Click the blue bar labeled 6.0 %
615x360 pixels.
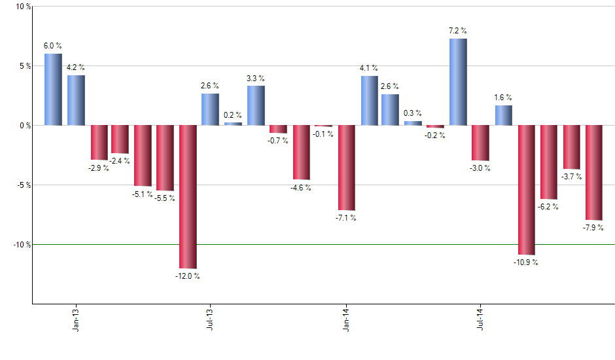[x=53, y=89]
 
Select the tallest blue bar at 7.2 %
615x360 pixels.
[x=458, y=82]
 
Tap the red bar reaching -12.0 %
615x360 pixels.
[x=188, y=196]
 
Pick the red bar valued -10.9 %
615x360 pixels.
[x=526, y=190]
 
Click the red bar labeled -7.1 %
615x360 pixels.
[x=346, y=168]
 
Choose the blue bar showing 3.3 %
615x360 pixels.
[x=256, y=105]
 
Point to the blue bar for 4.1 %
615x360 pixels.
[x=369, y=100]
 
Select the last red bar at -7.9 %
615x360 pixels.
[x=593, y=172]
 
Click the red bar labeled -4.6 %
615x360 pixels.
[x=301, y=152]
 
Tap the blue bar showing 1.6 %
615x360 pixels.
[x=503, y=115]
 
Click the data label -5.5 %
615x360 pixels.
[x=165, y=198]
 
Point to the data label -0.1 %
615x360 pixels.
[x=323, y=134]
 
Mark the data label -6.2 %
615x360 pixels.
[x=548, y=207]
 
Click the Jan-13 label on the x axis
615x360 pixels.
[x=77, y=318]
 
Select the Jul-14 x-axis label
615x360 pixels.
[x=480, y=318]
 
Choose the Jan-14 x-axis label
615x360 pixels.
[x=346, y=318]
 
